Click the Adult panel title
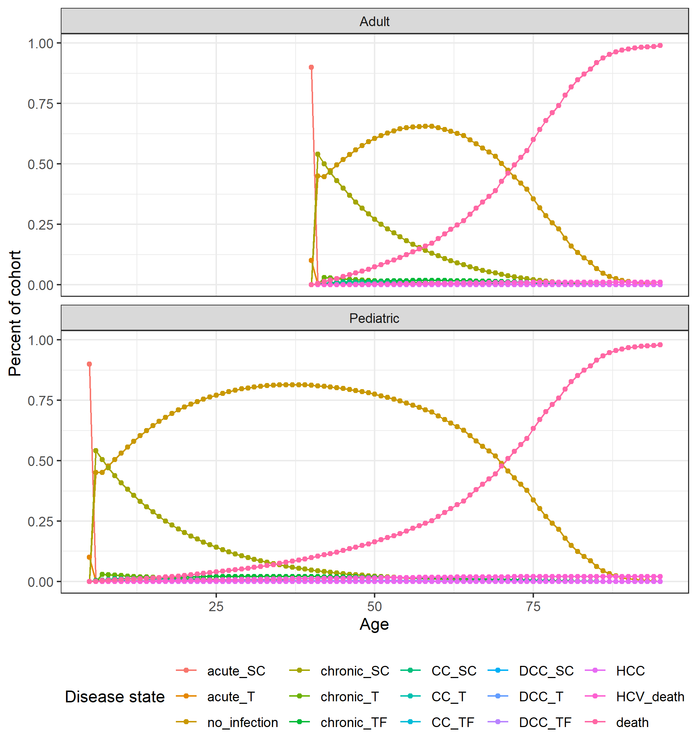[x=374, y=21]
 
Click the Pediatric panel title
[x=374, y=318]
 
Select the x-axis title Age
[x=374, y=624]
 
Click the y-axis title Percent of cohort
[x=15, y=313]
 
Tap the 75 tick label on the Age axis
[x=533, y=607]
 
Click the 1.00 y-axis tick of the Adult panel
[x=40, y=43]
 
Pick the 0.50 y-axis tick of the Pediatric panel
[x=40, y=461]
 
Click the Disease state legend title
[x=115, y=697]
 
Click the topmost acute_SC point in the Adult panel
[x=311, y=67]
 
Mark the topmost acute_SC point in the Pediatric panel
[x=89, y=364]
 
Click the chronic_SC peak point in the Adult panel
[x=317, y=154]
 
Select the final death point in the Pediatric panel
[x=660, y=344]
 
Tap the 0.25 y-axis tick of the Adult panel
[x=40, y=225]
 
